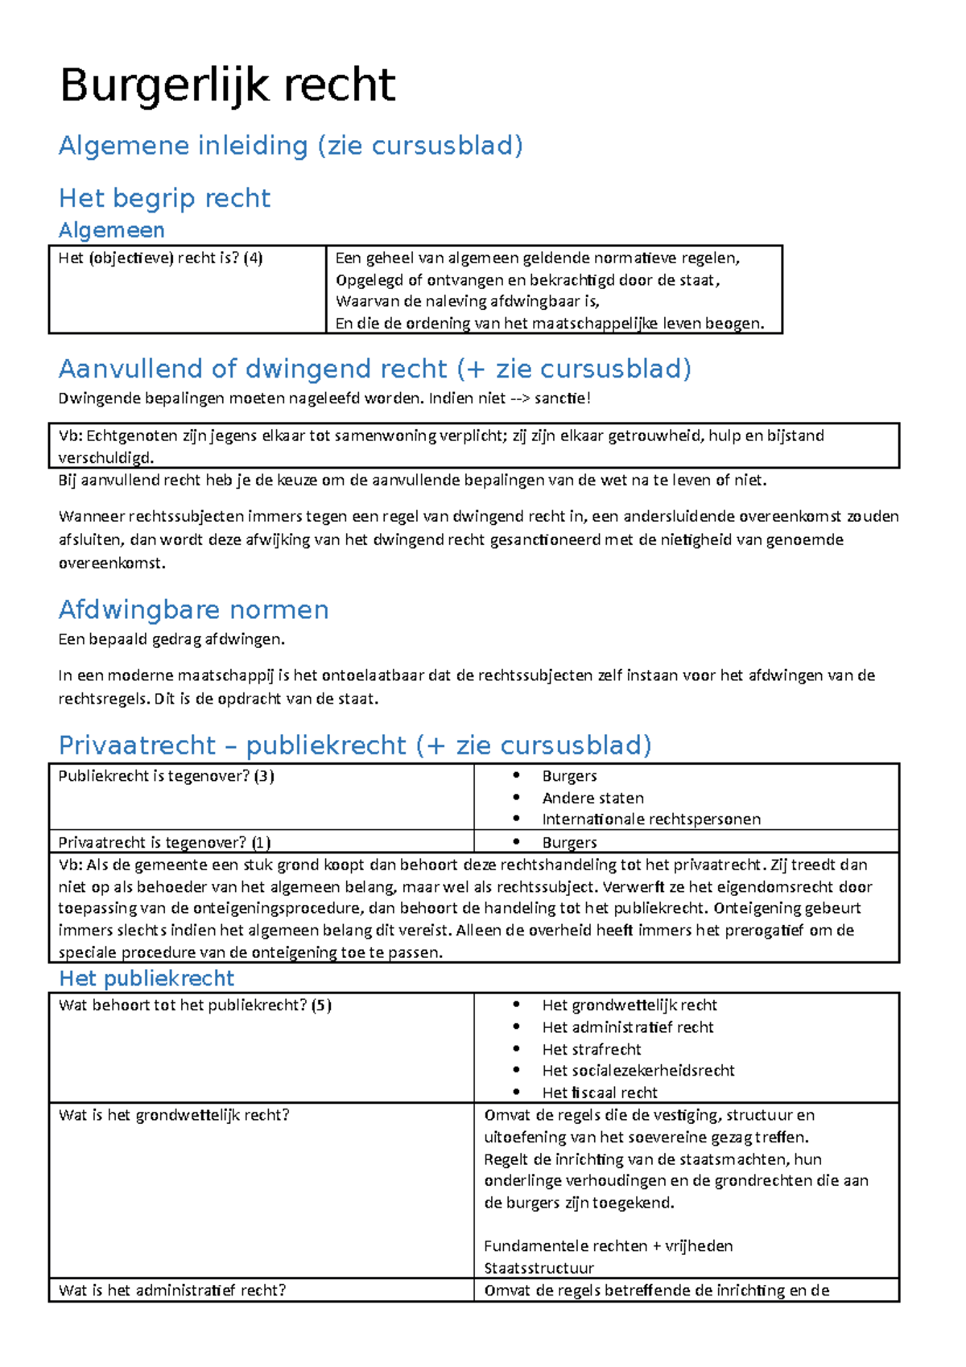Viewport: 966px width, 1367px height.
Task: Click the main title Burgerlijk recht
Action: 228,85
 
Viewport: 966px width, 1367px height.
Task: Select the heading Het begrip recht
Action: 164,197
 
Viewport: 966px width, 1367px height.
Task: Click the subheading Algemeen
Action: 111,230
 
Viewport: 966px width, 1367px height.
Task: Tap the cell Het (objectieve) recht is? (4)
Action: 160,258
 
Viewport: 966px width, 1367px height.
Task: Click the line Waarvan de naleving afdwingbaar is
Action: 467,302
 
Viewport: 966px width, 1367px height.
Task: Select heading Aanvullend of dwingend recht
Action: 374,369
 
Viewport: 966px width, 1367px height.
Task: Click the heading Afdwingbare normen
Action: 193,609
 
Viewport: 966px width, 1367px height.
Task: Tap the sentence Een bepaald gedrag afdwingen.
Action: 171,639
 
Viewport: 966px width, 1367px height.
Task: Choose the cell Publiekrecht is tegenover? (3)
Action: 166,776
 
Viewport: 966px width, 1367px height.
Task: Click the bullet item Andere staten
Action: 592,798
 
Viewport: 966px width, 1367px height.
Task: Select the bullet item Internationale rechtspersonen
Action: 650,820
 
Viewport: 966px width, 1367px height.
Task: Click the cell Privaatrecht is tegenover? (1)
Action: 164,842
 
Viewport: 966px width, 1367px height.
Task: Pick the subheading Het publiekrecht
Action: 147,978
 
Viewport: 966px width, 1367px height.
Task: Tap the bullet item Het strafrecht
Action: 591,1049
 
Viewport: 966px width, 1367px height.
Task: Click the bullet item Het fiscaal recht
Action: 599,1092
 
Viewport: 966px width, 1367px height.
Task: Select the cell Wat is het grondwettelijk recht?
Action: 174,1115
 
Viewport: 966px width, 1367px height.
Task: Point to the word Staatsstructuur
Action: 539,1268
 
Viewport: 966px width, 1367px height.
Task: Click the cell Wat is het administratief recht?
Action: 172,1290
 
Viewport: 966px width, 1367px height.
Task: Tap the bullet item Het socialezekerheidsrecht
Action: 638,1071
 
